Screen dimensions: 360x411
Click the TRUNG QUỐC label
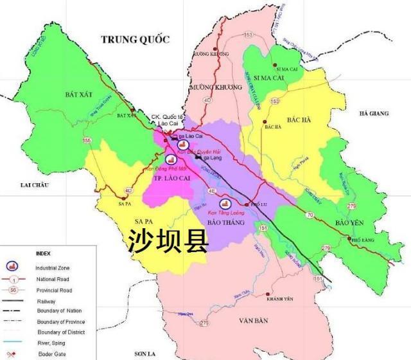tap(135, 40)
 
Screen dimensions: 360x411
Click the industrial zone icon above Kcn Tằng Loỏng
tap(223, 204)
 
